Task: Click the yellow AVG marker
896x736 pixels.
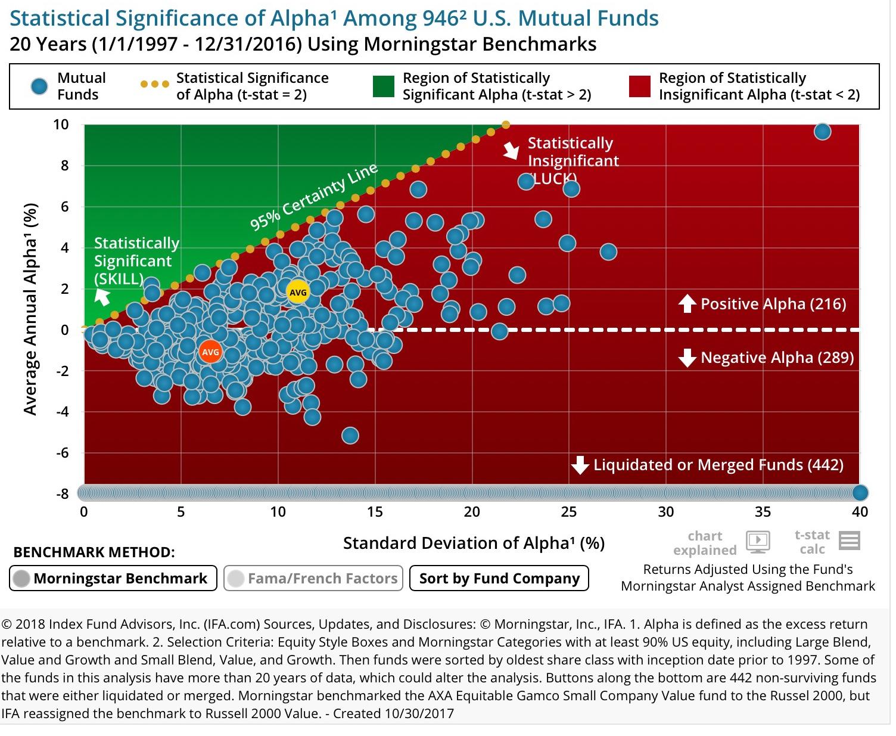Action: click(297, 292)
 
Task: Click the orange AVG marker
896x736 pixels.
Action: click(210, 352)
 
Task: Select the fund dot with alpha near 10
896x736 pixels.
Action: click(822, 132)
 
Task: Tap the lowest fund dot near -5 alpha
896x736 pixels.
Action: click(350, 436)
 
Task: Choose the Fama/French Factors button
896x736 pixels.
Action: click(313, 578)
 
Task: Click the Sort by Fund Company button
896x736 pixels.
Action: click(499, 578)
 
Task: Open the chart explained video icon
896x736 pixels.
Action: click(758, 541)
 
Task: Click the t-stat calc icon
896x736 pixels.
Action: click(849, 541)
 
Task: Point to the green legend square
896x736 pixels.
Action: click(383, 86)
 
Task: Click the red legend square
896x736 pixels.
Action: click(639, 86)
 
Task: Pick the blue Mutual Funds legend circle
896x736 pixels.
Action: click(39, 86)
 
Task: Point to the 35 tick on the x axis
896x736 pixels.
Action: click(763, 511)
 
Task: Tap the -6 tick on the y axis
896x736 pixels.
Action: click(61, 452)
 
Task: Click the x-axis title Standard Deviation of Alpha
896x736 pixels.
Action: click(474, 543)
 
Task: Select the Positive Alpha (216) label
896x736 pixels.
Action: click(773, 304)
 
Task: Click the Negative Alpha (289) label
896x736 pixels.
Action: click(777, 358)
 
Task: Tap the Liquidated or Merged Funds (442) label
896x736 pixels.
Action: click(718, 465)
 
